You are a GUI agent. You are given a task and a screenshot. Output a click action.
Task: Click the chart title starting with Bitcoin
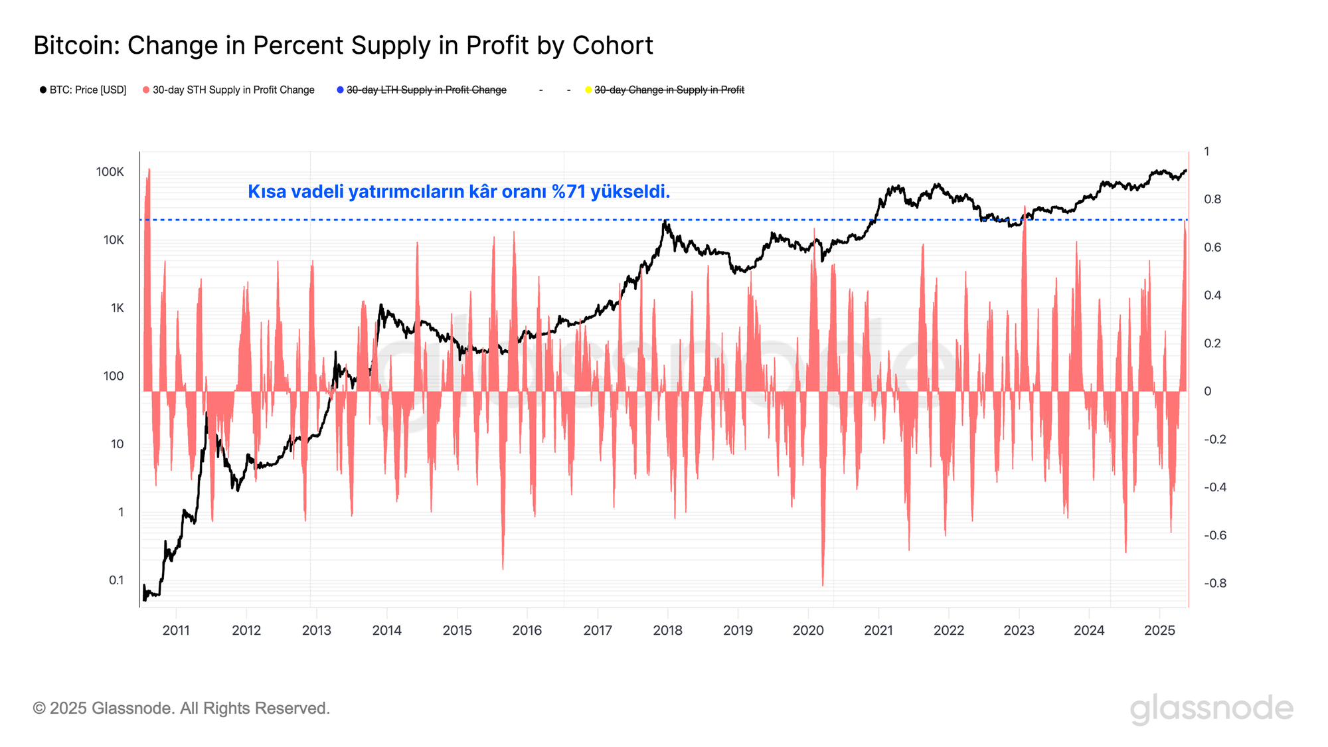pos(343,45)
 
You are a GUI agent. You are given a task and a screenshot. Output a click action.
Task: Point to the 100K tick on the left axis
pos(110,172)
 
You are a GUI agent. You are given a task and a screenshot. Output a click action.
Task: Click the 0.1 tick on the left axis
pos(116,580)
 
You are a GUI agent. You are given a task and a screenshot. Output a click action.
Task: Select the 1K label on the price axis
pos(118,308)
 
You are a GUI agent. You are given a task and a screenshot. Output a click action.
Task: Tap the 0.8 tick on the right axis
pos(1212,199)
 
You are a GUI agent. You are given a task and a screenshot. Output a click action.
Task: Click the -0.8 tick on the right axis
pos(1214,583)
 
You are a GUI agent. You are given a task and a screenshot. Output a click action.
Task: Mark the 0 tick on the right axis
pos(1208,391)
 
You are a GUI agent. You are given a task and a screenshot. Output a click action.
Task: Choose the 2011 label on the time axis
pos(176,630)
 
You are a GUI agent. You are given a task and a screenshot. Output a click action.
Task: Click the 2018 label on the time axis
pos(667,630)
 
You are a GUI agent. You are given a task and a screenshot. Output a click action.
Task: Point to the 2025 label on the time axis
pos(1159,630)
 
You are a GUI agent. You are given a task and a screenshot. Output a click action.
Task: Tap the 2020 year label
pos(808,630)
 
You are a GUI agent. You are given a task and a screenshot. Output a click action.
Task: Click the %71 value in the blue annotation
pos(568,191)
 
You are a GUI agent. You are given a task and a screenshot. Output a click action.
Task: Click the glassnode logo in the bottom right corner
pos(1211,708)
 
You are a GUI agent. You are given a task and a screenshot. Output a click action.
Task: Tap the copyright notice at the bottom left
pos(181,708)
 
